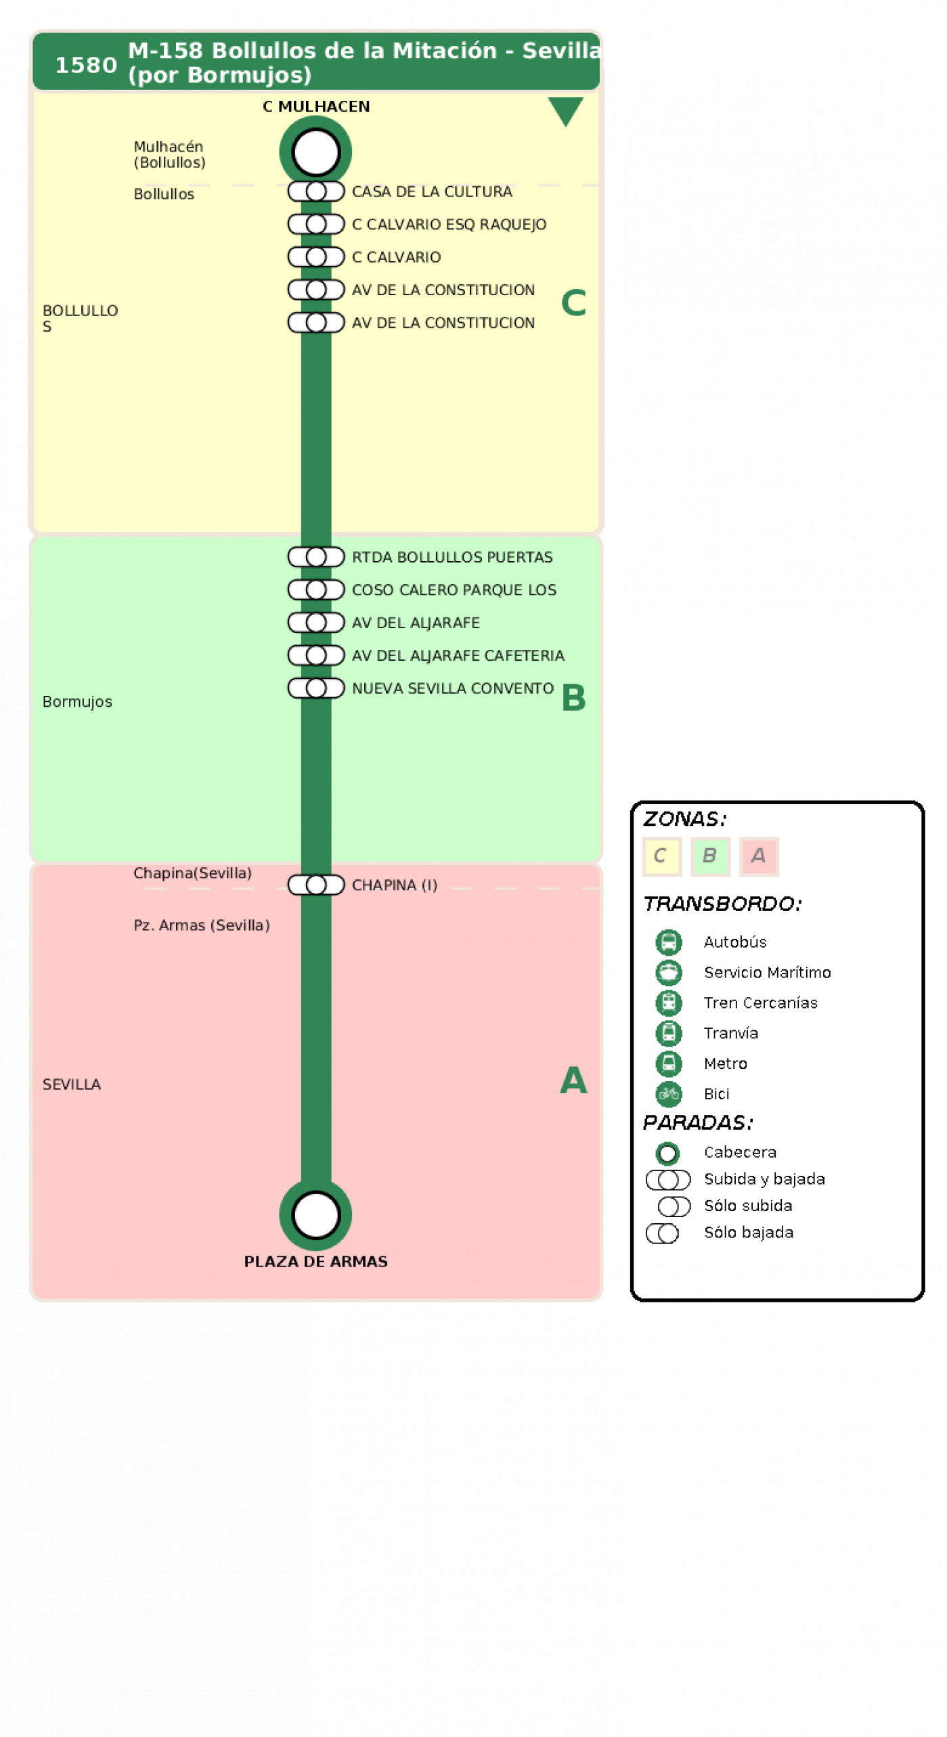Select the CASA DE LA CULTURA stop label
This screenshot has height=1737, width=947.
coord(432,192)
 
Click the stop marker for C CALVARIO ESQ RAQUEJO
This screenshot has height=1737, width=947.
coord(316,224)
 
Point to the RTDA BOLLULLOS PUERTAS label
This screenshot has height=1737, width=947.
coord(452,557)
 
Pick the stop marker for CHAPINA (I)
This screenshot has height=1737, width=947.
coord(316,885)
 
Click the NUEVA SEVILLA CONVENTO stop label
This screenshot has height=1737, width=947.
coord(453,688)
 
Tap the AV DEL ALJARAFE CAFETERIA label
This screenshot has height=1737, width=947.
coord(458,655)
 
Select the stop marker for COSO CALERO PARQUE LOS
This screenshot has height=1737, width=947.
coord(316,590)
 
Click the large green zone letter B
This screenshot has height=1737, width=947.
coord(573,697)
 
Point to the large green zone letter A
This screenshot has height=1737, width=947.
coord(573,1080)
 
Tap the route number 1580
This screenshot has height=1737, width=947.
coord(86,65)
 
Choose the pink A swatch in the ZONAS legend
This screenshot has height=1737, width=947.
coord(759,856)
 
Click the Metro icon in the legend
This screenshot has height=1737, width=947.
coord(669,1063)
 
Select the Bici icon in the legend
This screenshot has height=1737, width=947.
coord(669,1093)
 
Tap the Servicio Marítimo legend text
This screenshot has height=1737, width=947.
coord(768,972)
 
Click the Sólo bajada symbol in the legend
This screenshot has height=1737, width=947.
coord(663,1233)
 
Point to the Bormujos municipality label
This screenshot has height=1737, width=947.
coord(77,702)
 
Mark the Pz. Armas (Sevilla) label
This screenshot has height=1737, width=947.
coord(202,925)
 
